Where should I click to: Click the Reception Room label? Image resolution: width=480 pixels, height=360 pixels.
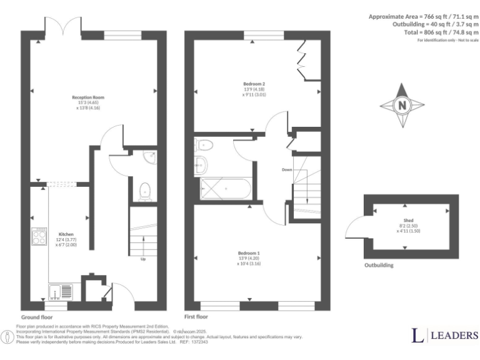tap(87, 97)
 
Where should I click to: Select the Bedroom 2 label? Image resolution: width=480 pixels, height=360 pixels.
tap(254, 84)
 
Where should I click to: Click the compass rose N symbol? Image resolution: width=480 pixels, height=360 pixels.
tap(401, 105)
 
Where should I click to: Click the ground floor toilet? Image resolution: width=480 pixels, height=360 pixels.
tap(145, 191)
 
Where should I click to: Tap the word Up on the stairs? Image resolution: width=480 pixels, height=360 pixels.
tap(144, 258)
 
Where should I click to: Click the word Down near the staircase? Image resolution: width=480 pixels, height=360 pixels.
tap(286, 169)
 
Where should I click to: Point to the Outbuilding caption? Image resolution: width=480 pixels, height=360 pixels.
tap(379, 265)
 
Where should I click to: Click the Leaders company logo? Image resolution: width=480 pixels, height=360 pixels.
tap(444, 335)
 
